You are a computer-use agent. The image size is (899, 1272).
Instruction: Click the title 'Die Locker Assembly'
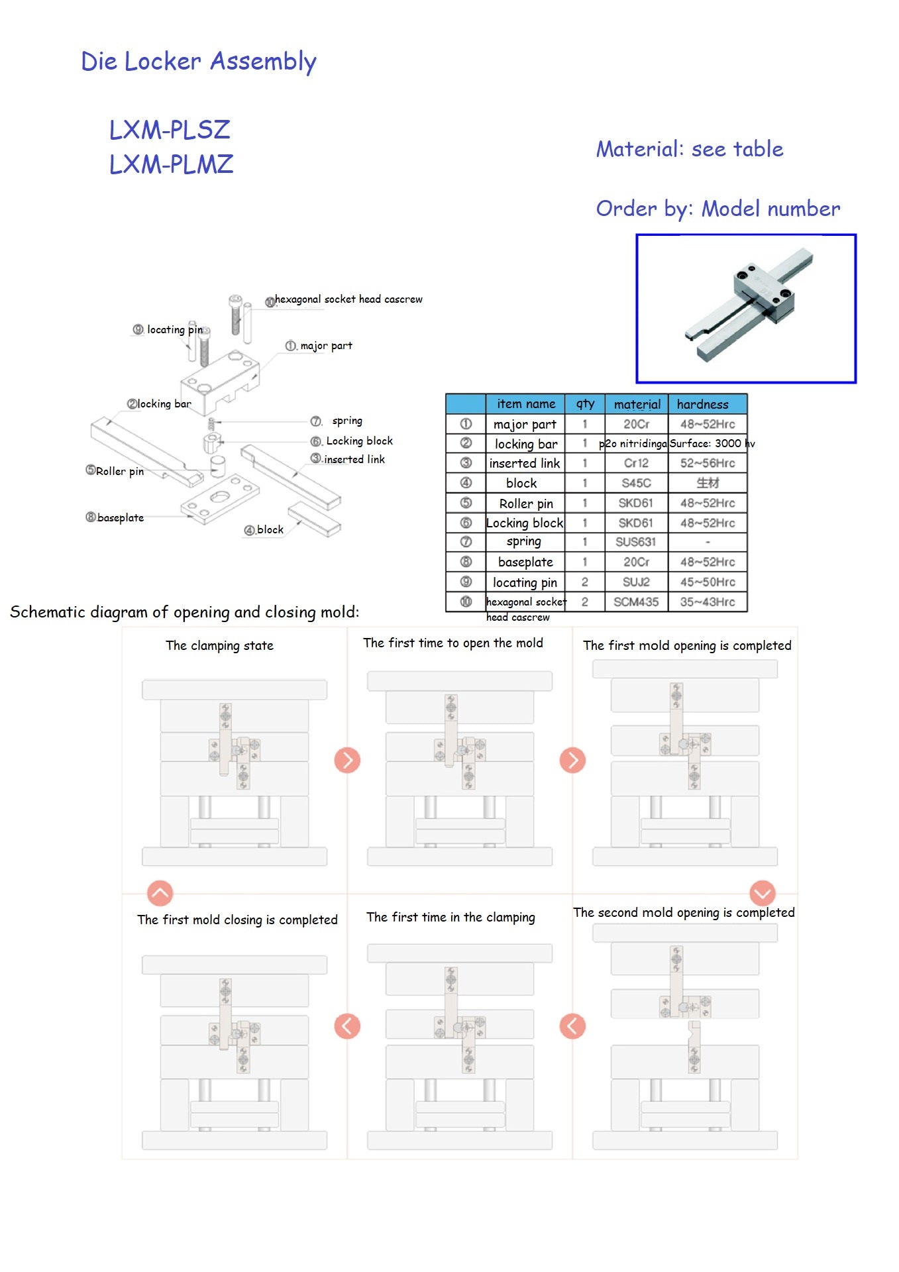pos(198,62)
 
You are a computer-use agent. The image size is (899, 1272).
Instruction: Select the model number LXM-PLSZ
pos(170,130)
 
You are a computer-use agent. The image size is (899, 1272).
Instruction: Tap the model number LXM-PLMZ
pos(171,164)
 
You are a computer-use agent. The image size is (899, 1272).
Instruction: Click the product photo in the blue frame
pos(746,309)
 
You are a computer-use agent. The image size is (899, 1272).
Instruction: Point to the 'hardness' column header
pos(703,404)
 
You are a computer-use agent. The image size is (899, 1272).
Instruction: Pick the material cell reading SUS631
pos(635,542)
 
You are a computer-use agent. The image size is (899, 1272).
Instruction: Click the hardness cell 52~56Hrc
pos(708,463)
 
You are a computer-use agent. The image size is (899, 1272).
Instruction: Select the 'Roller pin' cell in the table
pos(525,503)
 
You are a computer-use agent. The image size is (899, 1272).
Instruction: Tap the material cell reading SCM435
pos(635,602)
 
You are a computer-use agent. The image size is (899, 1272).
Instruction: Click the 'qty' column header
pos(585,404)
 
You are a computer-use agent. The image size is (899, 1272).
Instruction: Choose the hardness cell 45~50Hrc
pos(708,582)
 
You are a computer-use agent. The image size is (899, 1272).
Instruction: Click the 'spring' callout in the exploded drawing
pos(346,421)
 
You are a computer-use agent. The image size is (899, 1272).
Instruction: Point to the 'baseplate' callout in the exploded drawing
pos(120,517)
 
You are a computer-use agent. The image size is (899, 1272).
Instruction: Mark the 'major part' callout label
pos(325,346)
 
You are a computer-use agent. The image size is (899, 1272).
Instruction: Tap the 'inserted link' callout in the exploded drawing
pos(354,459)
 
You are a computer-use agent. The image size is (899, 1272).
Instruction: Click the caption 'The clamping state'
pos(219,645)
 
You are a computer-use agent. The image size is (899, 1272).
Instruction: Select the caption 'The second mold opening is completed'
pos(684,912)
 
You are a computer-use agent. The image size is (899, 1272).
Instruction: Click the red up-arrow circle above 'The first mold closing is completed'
pos(160,893)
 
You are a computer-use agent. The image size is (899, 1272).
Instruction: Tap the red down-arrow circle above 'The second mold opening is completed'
pos(763,893)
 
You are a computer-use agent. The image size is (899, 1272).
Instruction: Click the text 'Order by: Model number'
pos(717,209)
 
